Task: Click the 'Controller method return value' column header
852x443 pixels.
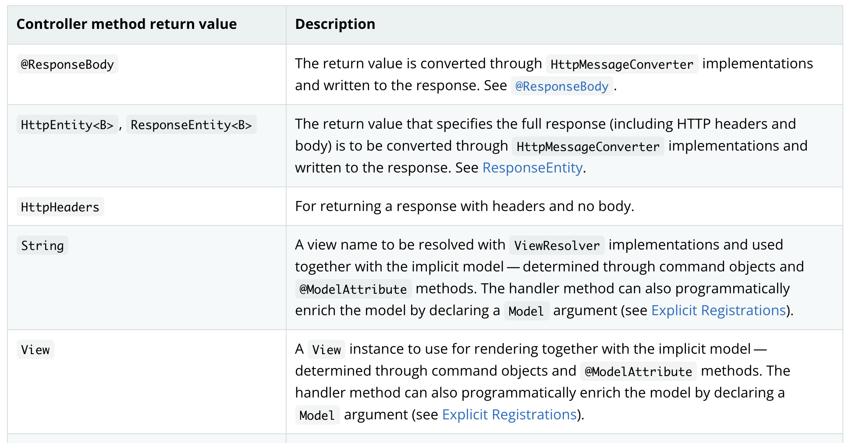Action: point(126,24)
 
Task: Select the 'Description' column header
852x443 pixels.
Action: point(335,24)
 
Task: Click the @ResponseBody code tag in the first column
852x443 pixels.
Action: point(67,64)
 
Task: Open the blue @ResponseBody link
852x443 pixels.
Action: point(562,86)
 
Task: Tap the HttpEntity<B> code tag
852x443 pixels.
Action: point(67,125)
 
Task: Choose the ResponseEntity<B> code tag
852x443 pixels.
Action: point(191,125)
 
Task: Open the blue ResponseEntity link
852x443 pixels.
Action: point(532,168)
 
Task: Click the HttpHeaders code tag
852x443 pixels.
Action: point(60,207)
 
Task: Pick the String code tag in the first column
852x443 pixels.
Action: point(43,246)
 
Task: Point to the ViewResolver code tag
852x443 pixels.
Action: point(557,246)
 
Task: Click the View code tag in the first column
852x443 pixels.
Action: point(35,350)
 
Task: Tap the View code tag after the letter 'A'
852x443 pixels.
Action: point(327,350)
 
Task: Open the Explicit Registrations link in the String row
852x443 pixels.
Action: point(718,310)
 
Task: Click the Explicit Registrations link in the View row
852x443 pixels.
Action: point(509,415)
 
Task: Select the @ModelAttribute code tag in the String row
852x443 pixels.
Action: point(353,289)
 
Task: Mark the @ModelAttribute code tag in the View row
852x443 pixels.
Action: point(639,372)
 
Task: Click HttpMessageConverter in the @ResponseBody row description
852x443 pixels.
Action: point(622,64)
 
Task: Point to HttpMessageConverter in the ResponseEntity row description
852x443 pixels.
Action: point(588,147)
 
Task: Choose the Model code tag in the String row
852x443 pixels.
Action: point(526,311)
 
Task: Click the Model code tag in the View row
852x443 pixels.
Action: point(317,415)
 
